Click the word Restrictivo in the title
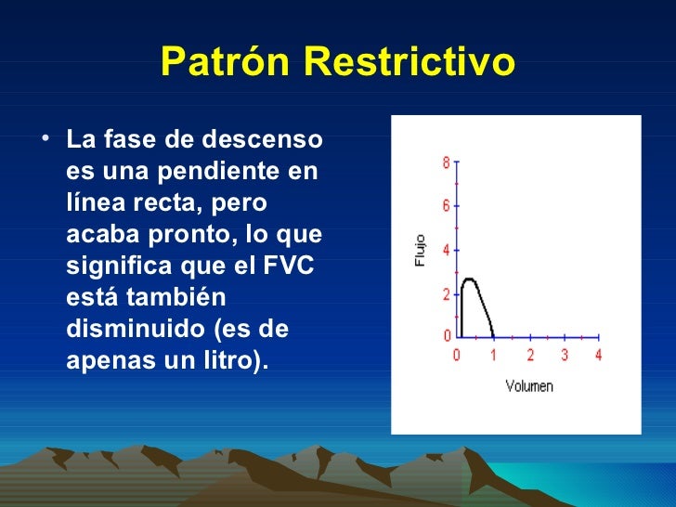tap(409, 62)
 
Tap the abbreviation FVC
tap(290, 266)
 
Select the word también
tap(174, 298)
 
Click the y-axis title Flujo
tap(420, 251)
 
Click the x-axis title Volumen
tap(528, 385)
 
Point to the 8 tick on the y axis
tap(446, 162)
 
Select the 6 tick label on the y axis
tap(446, 205)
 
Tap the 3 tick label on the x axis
tap(565, 355)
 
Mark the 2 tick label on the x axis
tap(529, 355)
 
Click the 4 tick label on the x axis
tap(599, 355)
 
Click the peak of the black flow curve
tap(469, 279)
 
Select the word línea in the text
tap(92, 203)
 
